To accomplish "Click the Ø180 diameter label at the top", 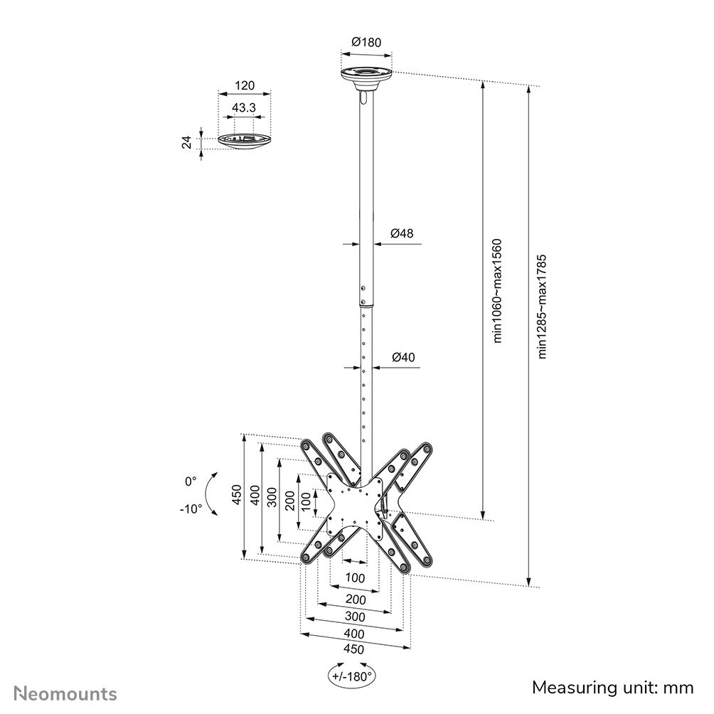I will click(366, 42).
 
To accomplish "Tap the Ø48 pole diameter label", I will click(402, 233).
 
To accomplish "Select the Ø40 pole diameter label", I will click(403, 357).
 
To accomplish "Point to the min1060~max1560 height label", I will click(498, 290).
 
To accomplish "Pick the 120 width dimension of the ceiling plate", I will click(244, 86).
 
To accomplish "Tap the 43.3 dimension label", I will click(244, 107).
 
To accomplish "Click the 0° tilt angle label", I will click(190, 481).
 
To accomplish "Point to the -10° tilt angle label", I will click(190, 508).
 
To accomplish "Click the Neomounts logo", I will click(66, 693).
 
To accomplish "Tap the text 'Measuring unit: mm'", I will click(612, 687).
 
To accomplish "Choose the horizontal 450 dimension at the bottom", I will click(353, 649).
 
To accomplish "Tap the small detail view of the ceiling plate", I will click(244, 141).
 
